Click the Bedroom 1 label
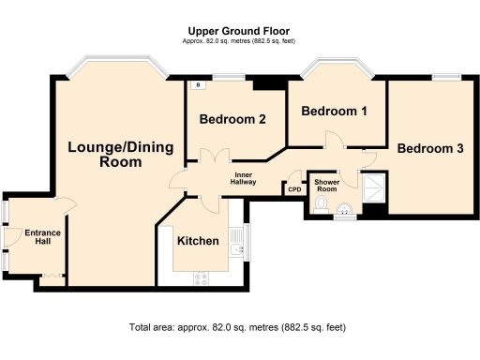pos(334,111)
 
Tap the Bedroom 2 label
pos(233,119)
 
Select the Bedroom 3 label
pos(429,148)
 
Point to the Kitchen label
pos(198,241)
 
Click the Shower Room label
pos(327,184)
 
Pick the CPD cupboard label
pos(294,188)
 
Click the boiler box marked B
pos(198,85)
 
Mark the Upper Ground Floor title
pos(240,31)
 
